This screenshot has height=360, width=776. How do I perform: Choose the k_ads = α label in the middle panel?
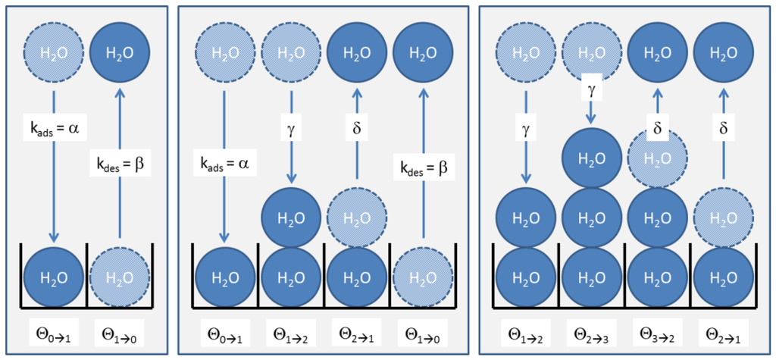pyautogui.click(x=225, y=162)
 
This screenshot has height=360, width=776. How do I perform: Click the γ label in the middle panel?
pyautogui.click(x=291, y=120)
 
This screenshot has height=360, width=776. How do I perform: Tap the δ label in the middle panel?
pyautogui.click(x=357, y=120)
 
